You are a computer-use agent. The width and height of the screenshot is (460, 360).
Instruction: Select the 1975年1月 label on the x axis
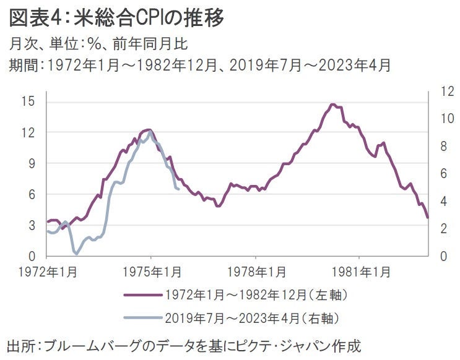[151, 272]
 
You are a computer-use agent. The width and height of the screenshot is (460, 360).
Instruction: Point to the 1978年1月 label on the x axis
[255, 272]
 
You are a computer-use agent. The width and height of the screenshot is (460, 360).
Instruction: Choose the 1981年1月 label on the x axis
[359, 272]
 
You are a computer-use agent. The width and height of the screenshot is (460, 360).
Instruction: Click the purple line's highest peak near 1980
[332, 105]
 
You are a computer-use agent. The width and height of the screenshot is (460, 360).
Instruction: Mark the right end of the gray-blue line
[179, 189]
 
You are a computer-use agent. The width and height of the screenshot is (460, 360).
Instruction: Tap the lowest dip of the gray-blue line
[76, 254]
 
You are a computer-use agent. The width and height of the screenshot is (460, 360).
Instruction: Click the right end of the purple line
[428, 217]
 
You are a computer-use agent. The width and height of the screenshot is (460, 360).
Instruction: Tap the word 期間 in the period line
[22, 65]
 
